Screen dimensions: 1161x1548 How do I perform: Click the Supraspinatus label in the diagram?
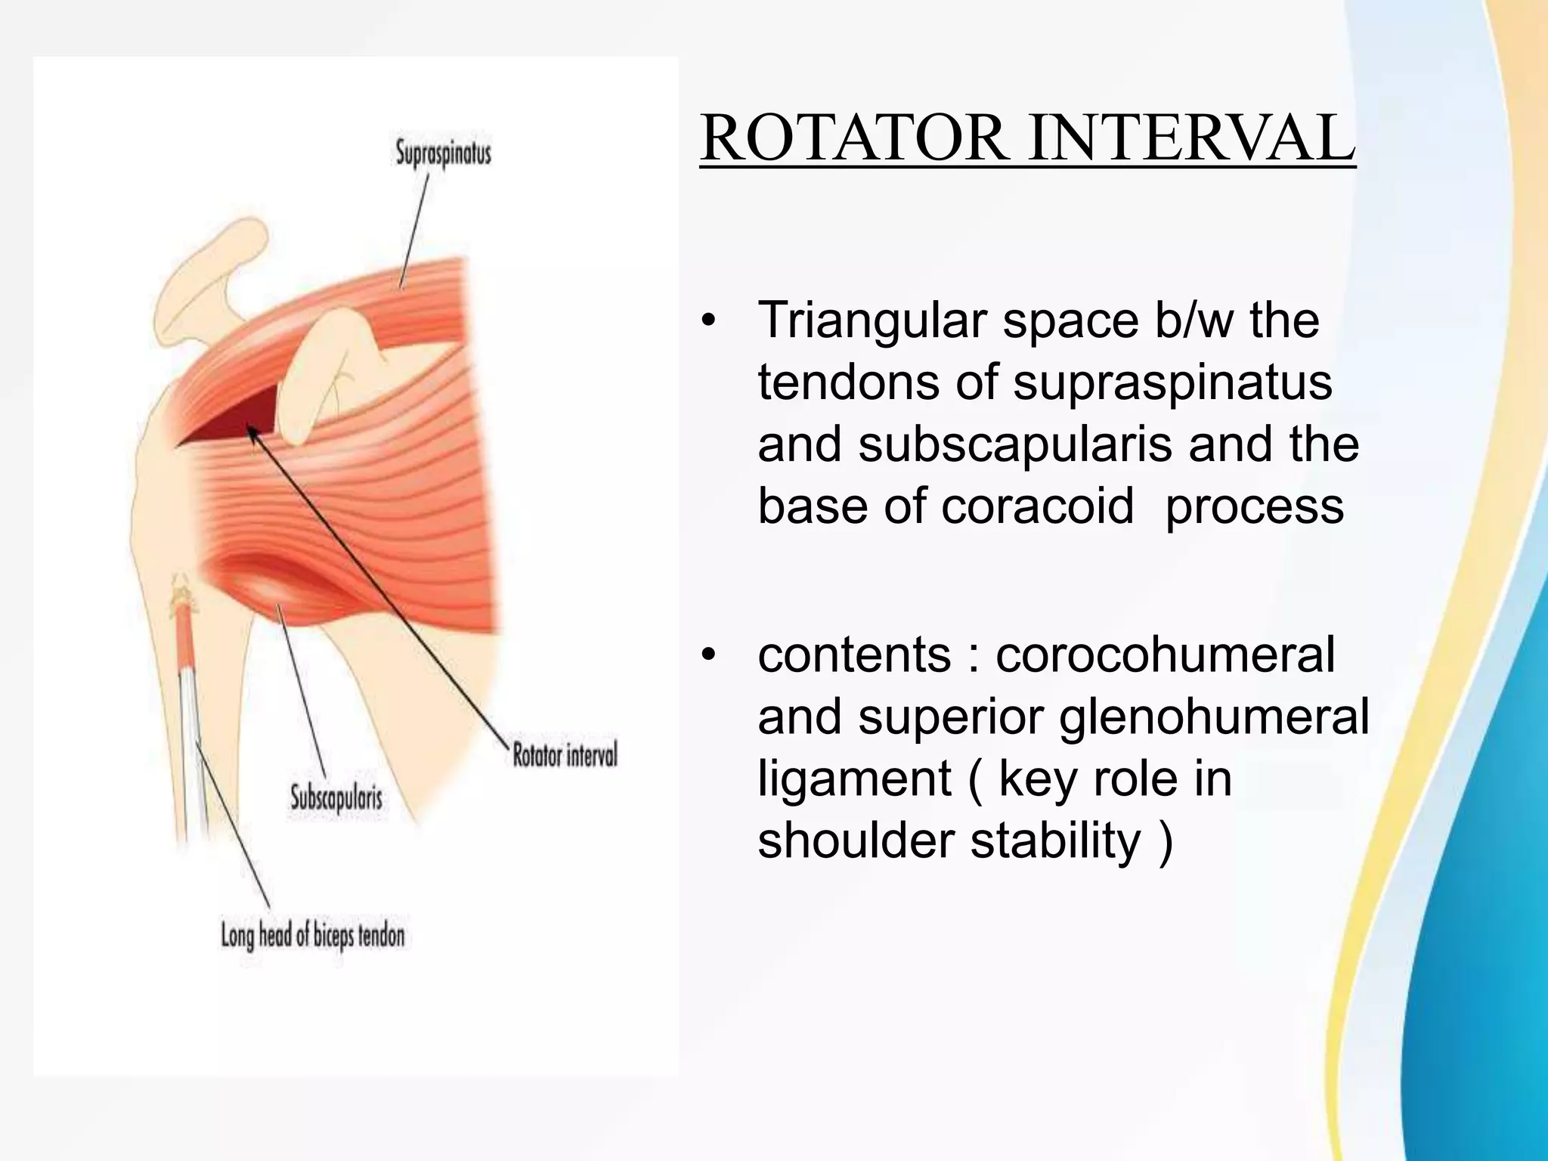(443, 153)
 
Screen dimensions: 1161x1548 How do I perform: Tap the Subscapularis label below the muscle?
(336, 798)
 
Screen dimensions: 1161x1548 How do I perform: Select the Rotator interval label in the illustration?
(565, 754)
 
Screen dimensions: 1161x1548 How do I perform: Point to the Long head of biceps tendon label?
(312, 937)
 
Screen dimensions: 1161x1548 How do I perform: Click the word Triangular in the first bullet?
(872, 321)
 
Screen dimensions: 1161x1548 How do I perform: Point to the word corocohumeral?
(1165, 655)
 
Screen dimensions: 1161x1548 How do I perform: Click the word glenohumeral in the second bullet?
(1214, 717)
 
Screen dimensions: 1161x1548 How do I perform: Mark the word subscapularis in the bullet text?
(1015, 444)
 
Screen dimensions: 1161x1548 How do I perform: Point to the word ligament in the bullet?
(854, 779)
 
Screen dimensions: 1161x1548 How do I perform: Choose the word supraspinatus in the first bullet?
(1172, 382)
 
